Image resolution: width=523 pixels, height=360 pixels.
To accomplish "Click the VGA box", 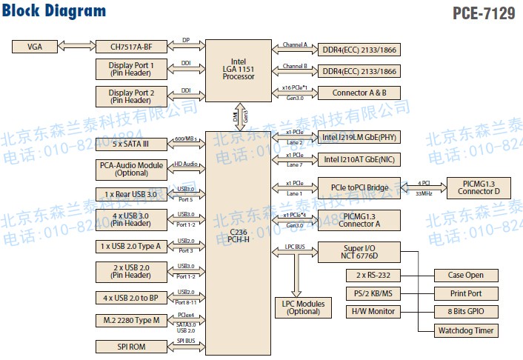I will [x=35, y=47].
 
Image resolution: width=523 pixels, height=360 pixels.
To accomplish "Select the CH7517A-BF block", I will [x=131, y=47].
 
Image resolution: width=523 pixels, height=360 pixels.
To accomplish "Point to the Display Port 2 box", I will [x=131, y=96].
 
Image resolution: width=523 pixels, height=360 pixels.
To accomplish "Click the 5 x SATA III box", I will [x=131, y=144].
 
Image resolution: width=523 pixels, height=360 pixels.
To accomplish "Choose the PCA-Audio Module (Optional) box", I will [x=131, y=169].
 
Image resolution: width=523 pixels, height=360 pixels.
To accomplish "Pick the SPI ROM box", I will [x=131, y=347].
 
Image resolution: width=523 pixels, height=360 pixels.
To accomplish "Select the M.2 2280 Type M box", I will [x=131, y=321].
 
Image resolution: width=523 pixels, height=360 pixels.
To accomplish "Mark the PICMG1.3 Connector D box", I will [x=477, y=187].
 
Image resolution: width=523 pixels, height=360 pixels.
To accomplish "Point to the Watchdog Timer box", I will [x=466, y=330].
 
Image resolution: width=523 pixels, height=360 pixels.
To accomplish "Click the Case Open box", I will [x=466, y=275].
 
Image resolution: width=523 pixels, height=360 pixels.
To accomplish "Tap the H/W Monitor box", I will [x=373, y=311].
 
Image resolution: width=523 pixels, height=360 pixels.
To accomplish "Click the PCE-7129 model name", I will [x=482, y=13].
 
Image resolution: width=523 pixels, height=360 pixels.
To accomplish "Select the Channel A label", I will [x=295, y=44].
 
